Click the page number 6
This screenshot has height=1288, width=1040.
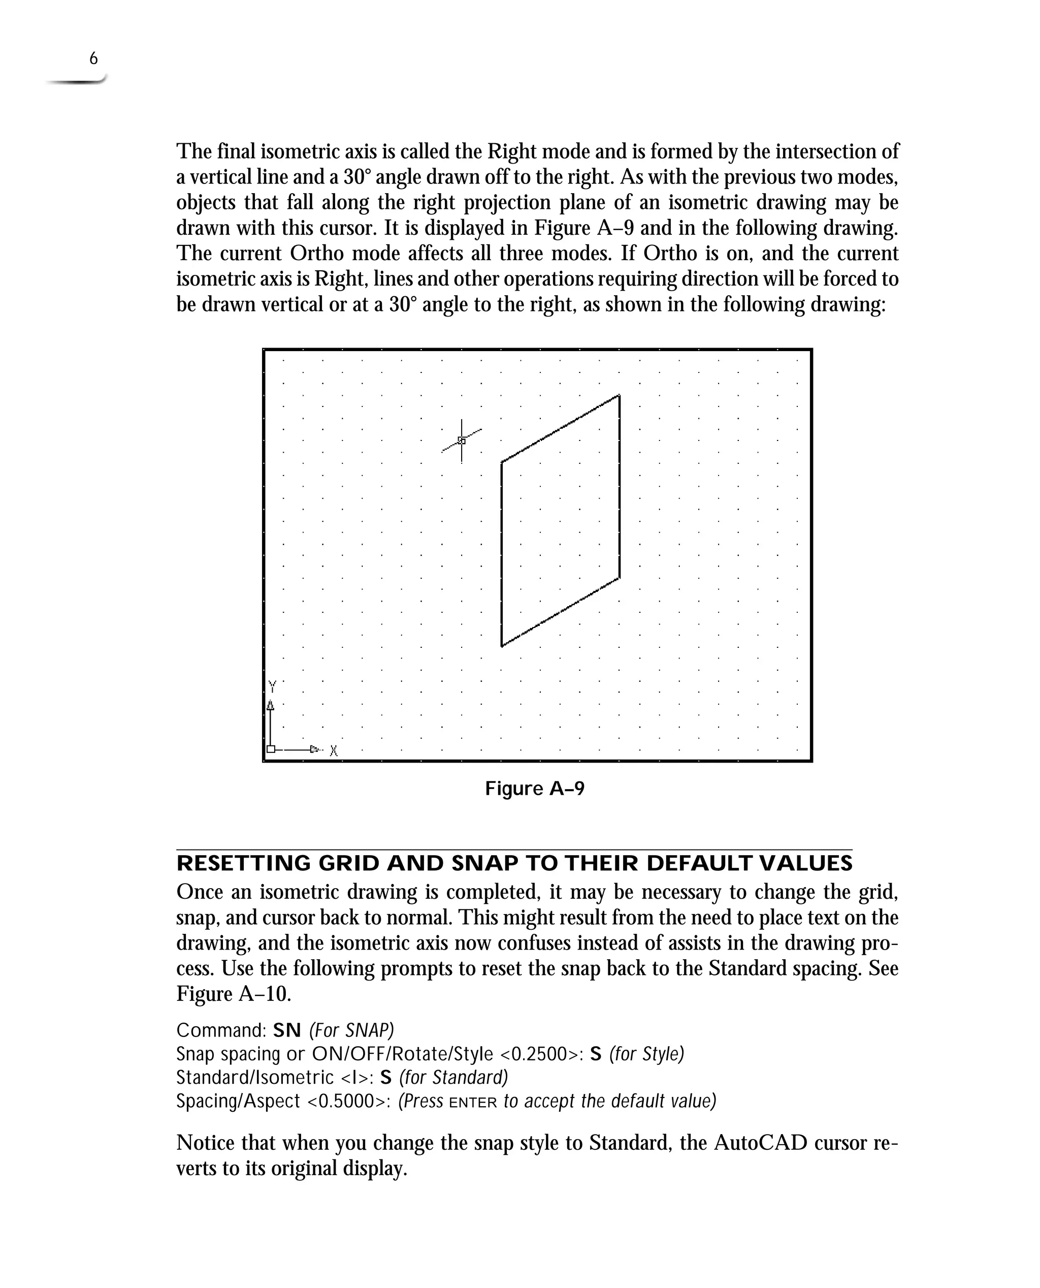93,59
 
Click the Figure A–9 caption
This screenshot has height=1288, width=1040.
534,788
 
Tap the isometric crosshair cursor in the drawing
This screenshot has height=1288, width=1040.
461,441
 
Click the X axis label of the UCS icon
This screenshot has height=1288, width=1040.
334,750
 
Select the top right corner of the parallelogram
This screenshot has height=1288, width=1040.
619,396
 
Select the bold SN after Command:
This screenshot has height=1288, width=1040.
287,1030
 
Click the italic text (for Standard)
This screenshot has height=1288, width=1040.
453,1077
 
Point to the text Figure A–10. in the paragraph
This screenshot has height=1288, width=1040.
234,994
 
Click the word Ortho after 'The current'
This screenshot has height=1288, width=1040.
316,254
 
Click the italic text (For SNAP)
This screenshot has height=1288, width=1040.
351,1030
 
